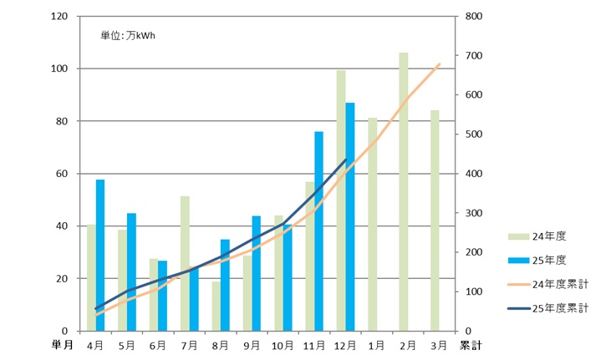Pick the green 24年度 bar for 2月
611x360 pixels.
(x=404, y=192)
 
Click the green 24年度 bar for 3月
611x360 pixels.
(x=435, y=221)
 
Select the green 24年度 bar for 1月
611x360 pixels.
(x=373, y=224)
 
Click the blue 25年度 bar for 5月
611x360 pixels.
(x=131, y=271)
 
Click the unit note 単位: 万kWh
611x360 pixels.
(x=129, y=35)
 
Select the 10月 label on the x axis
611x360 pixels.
(x=283, y=343)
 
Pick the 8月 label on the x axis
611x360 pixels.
(x=220, y=343)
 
